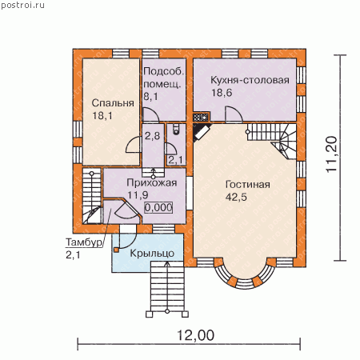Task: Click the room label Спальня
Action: (x=113, y=103)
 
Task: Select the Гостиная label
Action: (x=248, y=184)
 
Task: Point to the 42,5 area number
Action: (x=236, y=197)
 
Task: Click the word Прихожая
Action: (x=151, y=182)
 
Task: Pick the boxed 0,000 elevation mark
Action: (x=158, y=207)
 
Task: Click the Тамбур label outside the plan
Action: (x=84, y=242)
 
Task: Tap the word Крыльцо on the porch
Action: (x=152, y=254)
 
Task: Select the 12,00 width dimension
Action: (x=195, y=335)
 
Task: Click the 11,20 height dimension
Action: (x=332, y=154)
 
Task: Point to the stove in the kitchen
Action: (x=201, y=117)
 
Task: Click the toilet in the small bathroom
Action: (x=176, y=129)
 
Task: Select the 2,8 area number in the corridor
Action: (x=152, y=136)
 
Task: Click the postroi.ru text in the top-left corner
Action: (x=22, y=6)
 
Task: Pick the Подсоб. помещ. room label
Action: (x=163, y=78)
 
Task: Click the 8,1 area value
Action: (x=150, y=97)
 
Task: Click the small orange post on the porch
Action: (x=116, y=250)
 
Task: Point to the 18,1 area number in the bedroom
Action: (x=102, y=116)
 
